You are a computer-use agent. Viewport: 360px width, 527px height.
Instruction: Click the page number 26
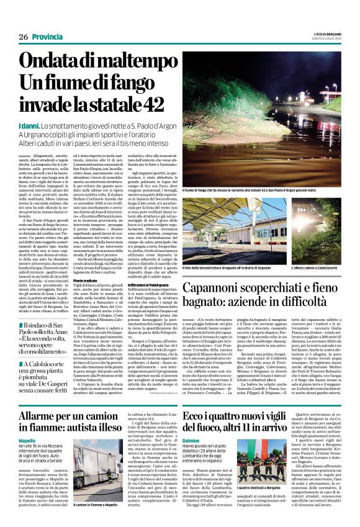(24, 38)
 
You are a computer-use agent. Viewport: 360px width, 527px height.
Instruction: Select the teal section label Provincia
(49, 38)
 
